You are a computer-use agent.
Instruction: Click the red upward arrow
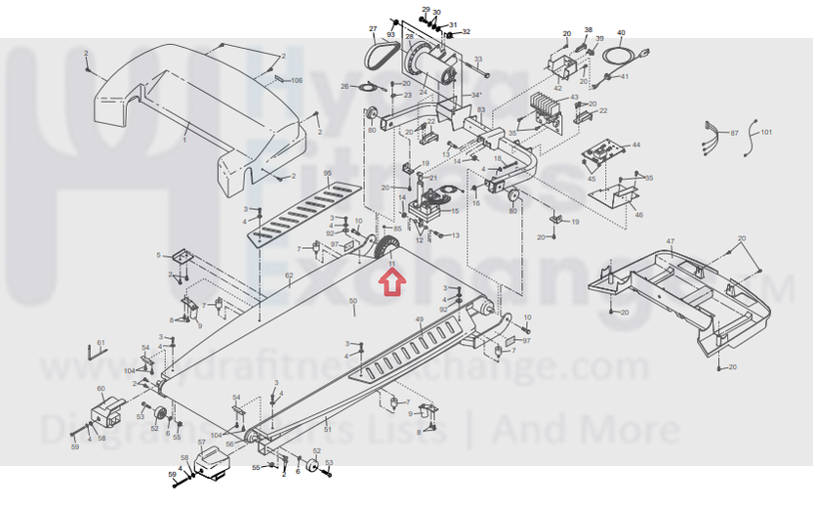[x=392, y=283]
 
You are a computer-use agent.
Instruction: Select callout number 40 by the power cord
[x=621, y=33]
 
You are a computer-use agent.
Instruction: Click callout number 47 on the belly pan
[x=670, y=240]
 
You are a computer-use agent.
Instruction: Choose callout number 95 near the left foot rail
[x=328, y=173]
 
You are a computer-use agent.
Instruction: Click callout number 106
[x=297, y=80]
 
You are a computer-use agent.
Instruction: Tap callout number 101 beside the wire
[x=766, y=131]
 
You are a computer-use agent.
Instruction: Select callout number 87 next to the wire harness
[x=735, y=131]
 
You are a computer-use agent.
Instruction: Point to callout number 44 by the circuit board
[x=635, y=145]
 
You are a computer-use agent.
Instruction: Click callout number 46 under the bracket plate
[x=639, y=214]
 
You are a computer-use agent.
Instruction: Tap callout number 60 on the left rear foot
[x=101, y=389]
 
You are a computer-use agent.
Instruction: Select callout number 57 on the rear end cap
[x=202, y=442]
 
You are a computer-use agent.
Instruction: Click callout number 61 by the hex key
[x=100, y=342]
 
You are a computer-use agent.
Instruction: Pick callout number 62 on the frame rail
[x=289, y=276]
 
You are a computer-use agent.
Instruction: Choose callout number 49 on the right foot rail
[x=420, y=320]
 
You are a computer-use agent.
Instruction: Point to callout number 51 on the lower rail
[x=329, y=430]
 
